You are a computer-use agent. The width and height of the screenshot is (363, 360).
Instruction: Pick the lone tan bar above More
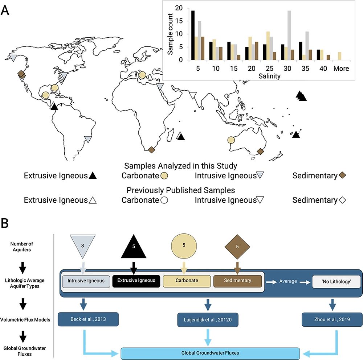[x=339, y=56]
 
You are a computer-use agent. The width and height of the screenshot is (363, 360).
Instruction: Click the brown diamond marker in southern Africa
[x=152, y=149]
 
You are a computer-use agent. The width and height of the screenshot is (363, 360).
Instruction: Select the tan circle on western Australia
[x=231, y=140]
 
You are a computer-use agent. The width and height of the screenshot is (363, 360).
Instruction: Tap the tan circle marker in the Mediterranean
[x=142, y=75]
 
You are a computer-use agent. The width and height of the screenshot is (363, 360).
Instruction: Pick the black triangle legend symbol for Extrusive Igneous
[x=93, y=176]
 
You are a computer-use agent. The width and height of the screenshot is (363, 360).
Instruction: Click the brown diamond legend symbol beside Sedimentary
[x=342, y=175]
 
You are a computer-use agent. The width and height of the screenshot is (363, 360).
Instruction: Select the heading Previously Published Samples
[x=180, y=190]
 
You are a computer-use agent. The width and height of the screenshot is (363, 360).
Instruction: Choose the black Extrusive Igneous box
[x=136, y=280]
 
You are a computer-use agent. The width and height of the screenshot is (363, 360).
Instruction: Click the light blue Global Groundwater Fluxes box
[x=211, y=353]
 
